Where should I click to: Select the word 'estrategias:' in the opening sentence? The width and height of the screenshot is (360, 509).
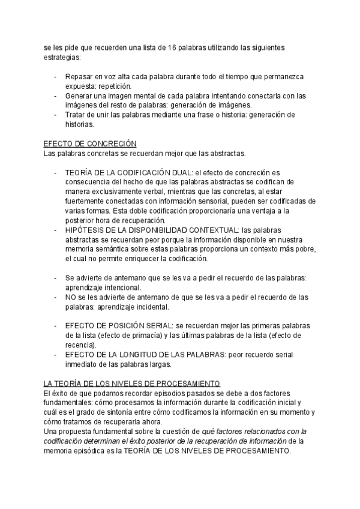click(x=61, y=58)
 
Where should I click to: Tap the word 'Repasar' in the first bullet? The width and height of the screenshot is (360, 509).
click(x=80, y=77)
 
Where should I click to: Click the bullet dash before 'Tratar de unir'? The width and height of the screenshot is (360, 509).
click(x=56, y=115)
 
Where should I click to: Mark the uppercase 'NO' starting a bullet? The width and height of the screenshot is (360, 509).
click(x=71, y=297)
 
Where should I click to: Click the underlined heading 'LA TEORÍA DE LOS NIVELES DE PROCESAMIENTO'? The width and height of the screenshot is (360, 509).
click(x=133, y=383)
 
